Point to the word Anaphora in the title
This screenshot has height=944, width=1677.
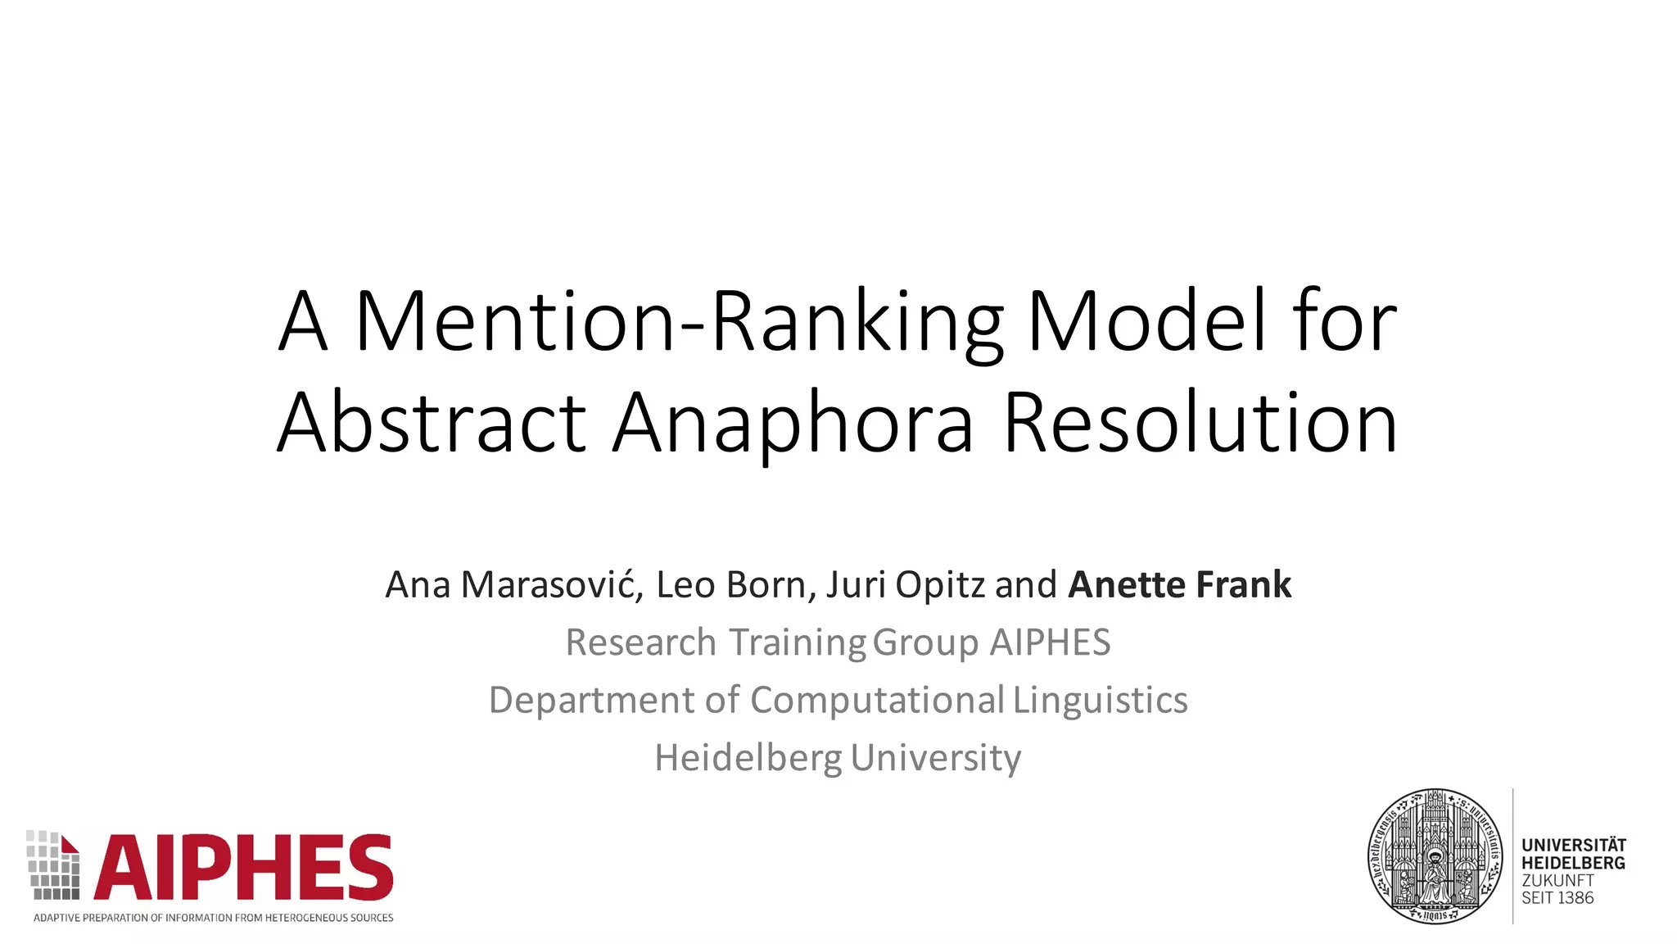[793, 424]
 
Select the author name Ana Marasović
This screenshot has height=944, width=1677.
[514, 585]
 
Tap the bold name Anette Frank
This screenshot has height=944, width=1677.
[1179, 585]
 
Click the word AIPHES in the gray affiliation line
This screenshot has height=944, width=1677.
[1050, 642]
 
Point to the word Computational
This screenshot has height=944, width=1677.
[877, 701]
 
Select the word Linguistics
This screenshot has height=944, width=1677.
[1100, 701]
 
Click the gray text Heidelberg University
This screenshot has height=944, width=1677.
[838, 758]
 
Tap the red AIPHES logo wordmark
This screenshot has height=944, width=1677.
[244, 869]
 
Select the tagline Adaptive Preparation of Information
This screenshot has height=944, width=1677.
[213, 918]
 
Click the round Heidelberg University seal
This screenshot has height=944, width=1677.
[1435, 856]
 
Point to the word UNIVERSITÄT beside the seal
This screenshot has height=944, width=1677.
[1573, 845]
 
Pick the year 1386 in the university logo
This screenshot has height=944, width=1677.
[1575, 898]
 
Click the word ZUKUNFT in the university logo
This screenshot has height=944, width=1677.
[1557, 880]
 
